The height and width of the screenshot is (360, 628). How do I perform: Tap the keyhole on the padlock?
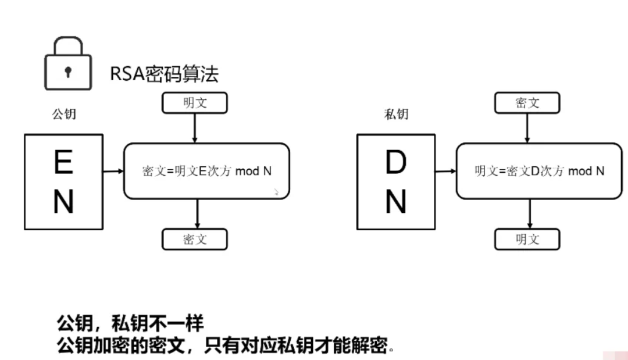tap(68, 72)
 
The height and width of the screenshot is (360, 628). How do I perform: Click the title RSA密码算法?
tap(164, 74)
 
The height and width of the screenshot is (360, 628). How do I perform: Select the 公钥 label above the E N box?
tap(64, 114)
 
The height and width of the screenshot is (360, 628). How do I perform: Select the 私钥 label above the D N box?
tap(396, 114)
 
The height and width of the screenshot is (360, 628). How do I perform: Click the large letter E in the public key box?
tap(64, 162)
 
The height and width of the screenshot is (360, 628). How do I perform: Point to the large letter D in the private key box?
tap(396, 162)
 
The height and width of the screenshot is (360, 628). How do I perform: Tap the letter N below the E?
tap(64, 201)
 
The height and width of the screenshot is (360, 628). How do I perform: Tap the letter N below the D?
tap(396, 201)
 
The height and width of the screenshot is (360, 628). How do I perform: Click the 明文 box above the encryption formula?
tap(195, 103)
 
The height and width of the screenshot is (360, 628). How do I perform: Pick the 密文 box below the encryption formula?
tap(195, 240)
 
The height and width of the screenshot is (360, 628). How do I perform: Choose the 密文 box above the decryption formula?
tap(527, 103)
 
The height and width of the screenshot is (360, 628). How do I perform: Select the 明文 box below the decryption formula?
tap(527, 240)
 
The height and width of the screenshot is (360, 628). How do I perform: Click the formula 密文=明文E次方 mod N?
tap(206, 171)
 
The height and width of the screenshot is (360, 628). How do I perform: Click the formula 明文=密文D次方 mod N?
tap(540, 171)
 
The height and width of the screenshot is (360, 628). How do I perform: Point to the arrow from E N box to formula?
tap(113, 171)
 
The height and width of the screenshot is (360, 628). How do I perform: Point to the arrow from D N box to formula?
tap(446, 171)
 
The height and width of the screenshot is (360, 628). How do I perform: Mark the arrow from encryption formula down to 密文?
tap(197, 214)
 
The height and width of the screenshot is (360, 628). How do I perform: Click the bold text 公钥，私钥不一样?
tap(130, 323)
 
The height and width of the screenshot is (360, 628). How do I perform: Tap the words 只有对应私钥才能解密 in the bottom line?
tap(297, 345)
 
